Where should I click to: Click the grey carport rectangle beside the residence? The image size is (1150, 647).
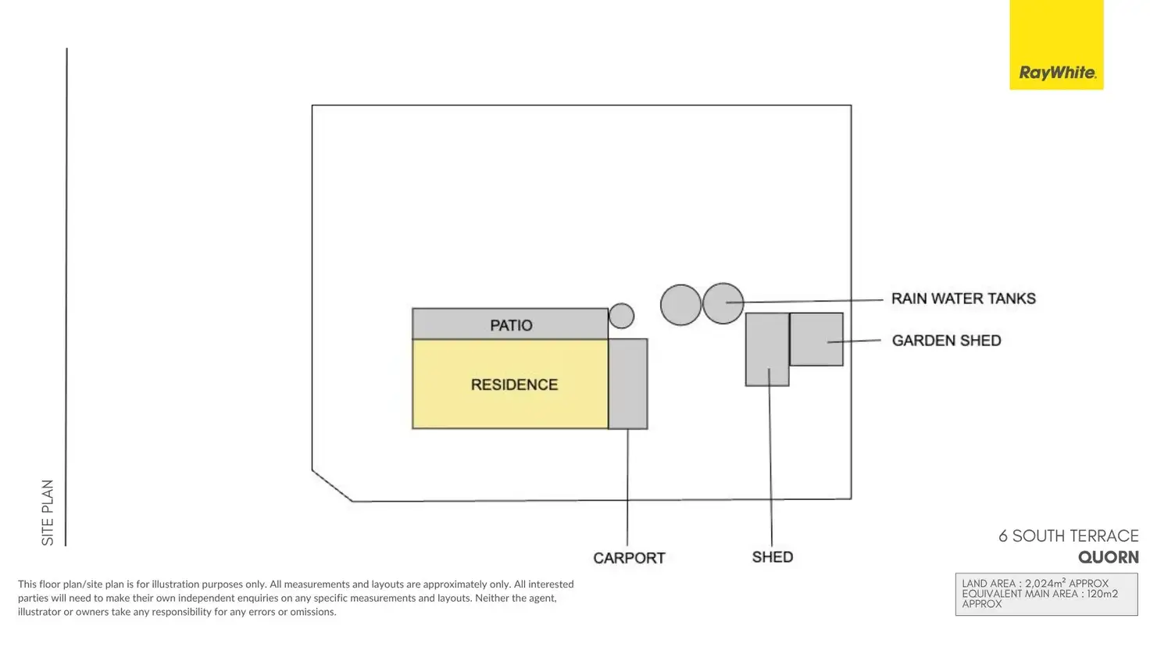[628, 384]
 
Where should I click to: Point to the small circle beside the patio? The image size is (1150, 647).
[621, 316]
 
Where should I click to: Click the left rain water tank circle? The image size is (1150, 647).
[680, 305]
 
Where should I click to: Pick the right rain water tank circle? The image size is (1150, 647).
[723, 303]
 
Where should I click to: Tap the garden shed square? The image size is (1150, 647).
[816, 339]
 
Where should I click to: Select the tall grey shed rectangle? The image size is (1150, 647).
[767, 349]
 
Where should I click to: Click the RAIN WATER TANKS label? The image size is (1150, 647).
[963, 298]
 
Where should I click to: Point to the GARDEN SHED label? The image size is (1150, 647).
[946, 341]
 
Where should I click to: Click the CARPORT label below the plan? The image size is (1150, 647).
[629, 558]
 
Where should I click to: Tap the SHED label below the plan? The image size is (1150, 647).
[772, 557]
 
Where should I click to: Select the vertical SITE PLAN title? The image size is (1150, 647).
[48, 513]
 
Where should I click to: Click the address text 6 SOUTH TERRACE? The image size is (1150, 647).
[1068, 536]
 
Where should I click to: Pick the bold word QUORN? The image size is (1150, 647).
[1108, 557]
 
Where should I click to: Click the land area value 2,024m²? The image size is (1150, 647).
[1045, 584]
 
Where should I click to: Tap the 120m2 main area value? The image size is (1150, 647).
[1102, 594]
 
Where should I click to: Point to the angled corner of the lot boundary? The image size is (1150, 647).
[332, 485]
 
